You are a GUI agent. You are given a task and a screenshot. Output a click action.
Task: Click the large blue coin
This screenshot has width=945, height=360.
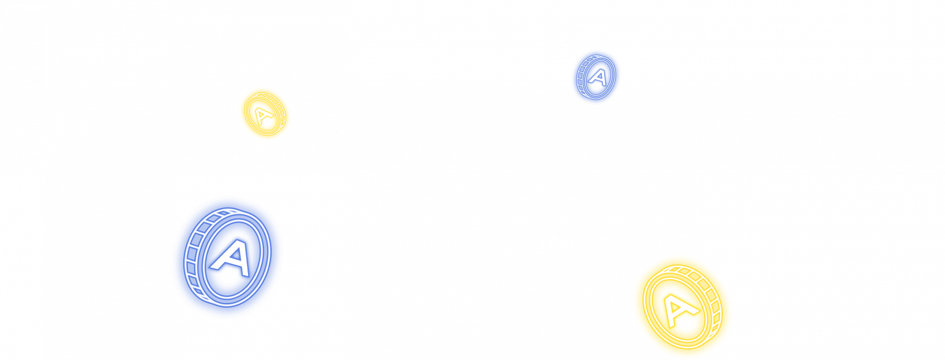coord(227,256)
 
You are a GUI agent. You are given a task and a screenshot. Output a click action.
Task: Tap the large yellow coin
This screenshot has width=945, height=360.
coord(682,307)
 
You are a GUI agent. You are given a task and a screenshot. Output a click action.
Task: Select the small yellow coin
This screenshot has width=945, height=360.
coord(264,114)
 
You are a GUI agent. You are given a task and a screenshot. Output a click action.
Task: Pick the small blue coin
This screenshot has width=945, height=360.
coord(596,76)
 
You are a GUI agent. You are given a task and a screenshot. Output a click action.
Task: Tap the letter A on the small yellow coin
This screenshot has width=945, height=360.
coord(262,116)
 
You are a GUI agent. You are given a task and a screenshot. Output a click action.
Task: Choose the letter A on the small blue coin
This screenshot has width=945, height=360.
coord(598,76)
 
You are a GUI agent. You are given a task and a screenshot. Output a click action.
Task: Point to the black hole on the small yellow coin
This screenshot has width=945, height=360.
coord(267,121)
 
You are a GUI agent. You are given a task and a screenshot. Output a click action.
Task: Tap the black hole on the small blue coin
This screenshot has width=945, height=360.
coord(596,85)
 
